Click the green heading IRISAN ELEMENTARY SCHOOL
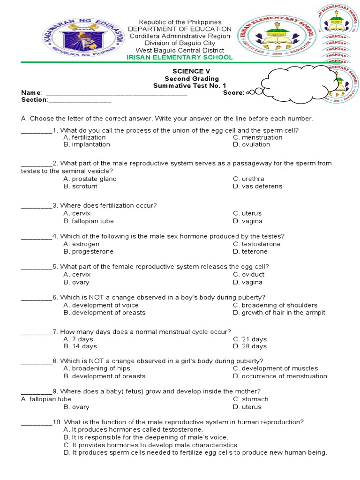[180, 57]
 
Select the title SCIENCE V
[180, 71]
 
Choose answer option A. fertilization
[85, 137]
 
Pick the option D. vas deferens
[258, 186]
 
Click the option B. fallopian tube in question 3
[89, 221]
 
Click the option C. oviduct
[249, 274]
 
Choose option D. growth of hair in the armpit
[279, 313]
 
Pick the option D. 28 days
[250, 346]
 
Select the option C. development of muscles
[276, 368]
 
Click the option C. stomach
[251, 399]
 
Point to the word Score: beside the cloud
[234, 93]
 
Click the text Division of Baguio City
[180, 43]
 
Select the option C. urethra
[249, 179]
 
